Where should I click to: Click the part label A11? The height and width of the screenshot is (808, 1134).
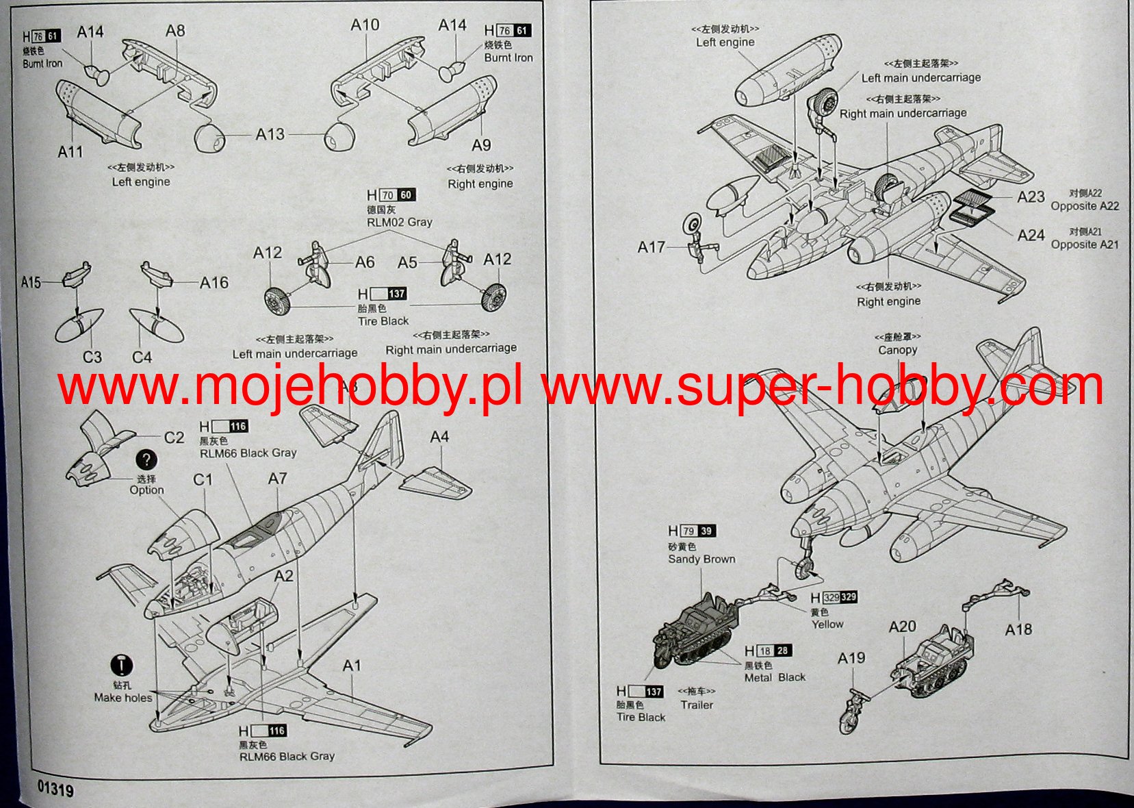point(70,151)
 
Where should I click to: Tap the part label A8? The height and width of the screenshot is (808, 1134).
point(175,31)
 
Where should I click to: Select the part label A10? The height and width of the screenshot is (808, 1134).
point(365,25)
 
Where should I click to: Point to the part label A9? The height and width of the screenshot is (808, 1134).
point(481,145)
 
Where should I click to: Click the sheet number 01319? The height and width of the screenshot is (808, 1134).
point(55,789)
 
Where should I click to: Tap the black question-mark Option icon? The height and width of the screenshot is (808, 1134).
point(146,460)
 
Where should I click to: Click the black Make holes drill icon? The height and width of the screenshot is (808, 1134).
point(122,665)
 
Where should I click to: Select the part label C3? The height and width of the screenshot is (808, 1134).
point(92,357)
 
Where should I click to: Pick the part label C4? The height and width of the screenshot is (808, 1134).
point(142,357)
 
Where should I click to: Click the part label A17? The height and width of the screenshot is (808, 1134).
point(651,247)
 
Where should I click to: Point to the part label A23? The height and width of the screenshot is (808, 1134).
point(1031,197)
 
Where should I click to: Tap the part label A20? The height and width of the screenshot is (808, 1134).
point(902,627)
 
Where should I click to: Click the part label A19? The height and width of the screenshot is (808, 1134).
point(851,658)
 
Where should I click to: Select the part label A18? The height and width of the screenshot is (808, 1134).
point(1018,629)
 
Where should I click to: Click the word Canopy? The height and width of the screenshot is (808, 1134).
point(897,350)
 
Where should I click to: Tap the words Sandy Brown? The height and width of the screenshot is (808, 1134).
point(701,559)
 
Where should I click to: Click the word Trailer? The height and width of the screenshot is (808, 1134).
point(696,705)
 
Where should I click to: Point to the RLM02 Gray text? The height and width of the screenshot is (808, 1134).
point(399,223)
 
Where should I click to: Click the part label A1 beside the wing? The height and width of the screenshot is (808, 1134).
point(352,666)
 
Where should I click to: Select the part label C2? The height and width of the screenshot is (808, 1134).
point(175,438)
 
